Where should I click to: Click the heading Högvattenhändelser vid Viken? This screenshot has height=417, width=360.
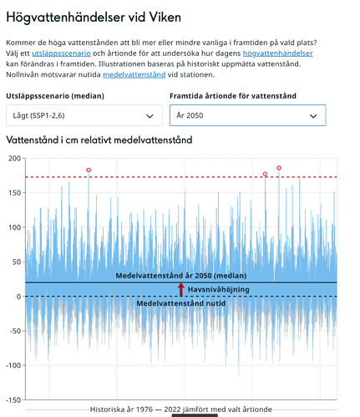tap(94, 18)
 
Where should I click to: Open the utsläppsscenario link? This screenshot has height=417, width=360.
tap(61, 53)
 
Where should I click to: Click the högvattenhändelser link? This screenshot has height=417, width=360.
tap(278, 53)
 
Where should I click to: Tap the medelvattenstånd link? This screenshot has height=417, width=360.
tap(134, 74)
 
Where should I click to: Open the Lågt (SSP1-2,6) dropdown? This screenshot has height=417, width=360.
tap(84, 115)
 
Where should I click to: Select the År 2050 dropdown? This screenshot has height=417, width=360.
tap(247, 115)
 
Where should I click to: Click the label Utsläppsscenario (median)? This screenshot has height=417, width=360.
tap(55, 96)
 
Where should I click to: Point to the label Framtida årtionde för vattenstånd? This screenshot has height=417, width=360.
tap(233, 96)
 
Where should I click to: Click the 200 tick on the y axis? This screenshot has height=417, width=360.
tap(15, 159)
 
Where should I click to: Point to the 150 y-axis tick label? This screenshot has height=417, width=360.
tap(15, 193)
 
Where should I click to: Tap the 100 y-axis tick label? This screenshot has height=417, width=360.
tap(15, 227)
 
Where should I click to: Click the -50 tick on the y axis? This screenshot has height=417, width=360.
tap(16, 331)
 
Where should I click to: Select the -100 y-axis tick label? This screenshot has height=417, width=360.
tap(13, 366)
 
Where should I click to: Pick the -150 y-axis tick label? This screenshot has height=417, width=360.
tap(13, 400)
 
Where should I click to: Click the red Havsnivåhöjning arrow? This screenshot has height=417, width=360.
tap(181, 290)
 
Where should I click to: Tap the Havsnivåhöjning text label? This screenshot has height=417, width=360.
tap(219, 290)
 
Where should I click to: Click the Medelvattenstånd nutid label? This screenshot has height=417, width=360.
tap(181, 303)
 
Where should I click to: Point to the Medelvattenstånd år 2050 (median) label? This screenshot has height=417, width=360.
tap(181, 276)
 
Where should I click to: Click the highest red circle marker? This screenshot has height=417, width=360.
tap(279, 168)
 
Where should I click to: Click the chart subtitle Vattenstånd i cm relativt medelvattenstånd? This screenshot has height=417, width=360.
tap(99, 140)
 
